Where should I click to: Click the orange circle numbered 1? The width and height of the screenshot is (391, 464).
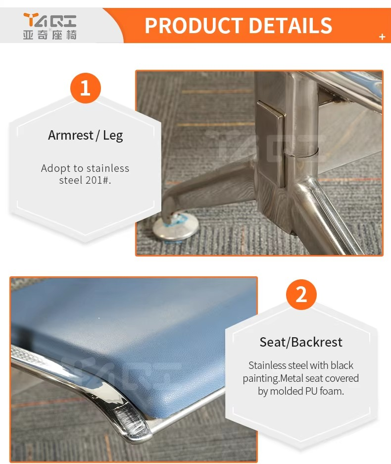(x=86, y=88)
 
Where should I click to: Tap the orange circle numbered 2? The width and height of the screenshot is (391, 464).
(x=301, y=295)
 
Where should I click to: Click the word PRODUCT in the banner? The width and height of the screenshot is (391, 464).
(x=194, y=26)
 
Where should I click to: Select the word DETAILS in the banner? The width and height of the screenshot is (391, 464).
(x=291, y=26)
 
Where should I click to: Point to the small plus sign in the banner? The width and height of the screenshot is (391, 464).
(x=382, y=37)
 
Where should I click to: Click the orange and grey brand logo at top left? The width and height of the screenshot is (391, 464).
(x=49, y=20)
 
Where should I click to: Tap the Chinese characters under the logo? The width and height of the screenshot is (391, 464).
(x=49, y=35)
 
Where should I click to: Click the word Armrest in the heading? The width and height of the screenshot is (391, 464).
(x=71, y=135)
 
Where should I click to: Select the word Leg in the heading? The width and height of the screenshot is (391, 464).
(x=113, y=136)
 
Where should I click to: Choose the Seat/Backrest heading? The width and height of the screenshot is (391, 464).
(x=301, y=342)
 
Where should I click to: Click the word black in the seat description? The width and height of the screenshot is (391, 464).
(x=342, y=365)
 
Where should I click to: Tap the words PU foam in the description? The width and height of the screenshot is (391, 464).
(x=325, y=391)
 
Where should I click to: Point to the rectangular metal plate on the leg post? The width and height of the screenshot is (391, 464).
(x=271, y=144)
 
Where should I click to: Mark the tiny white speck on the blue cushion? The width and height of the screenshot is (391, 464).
(x=99, y=318)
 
